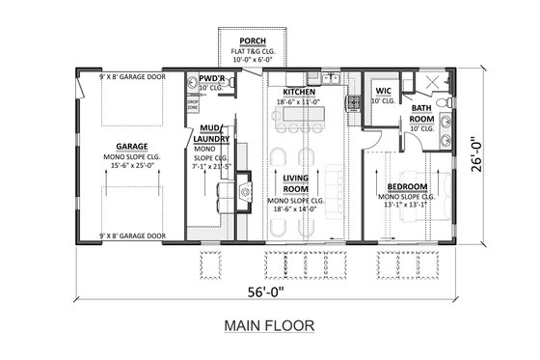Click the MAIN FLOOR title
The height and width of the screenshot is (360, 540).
coord(269,325)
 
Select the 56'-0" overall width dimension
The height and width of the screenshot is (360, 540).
coord(269,287)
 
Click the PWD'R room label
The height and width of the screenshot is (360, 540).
coord(212,77)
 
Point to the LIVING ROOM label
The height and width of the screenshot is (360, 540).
coord(294,183)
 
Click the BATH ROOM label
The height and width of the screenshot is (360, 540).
coord(421,114)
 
